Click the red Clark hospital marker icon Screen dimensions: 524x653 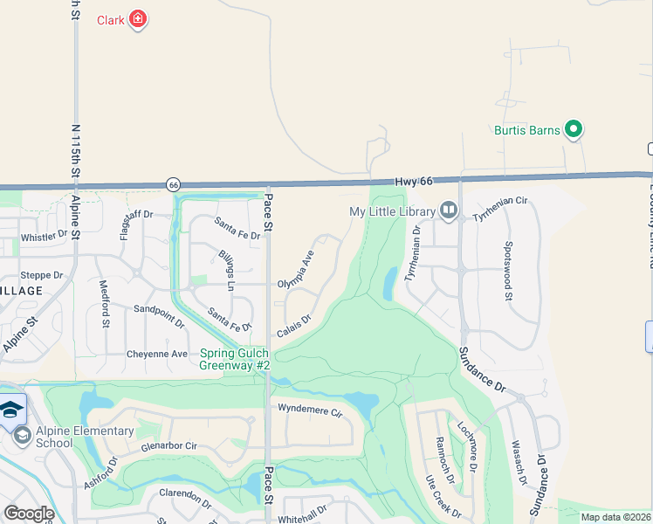pos(137,19)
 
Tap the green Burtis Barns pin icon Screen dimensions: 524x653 pos(574,130)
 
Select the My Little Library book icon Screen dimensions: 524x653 pos(449,210)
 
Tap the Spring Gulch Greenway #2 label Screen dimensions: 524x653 pos(234,360)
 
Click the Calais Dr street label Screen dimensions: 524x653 pos(294,326)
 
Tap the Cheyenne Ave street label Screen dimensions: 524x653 pos(157,354)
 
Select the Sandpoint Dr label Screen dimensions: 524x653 pos(159,315)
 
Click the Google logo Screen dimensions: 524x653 pos(28,514)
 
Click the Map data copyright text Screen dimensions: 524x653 pos(616,517)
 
